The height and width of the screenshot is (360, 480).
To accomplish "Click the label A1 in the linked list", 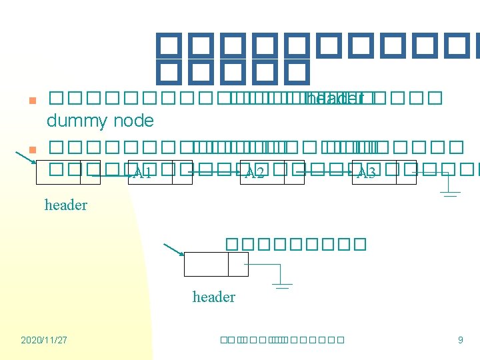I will click(143, 174).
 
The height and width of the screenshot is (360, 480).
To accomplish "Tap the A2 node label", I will click(255, 174).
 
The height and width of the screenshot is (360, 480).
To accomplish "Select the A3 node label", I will click(367, 174).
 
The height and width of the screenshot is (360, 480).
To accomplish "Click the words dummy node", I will click(100, 121).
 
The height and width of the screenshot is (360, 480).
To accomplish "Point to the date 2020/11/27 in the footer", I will click(44, 340).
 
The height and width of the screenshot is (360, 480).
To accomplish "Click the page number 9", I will click(460, 340).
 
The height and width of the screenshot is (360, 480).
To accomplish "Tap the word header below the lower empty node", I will click(213, 297).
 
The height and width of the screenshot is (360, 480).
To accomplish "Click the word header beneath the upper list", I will click(65, 205).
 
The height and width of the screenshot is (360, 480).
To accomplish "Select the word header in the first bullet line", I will click(333, 99).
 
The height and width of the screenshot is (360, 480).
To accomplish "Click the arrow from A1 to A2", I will click(215, 172).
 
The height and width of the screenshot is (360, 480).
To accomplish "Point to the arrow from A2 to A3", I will click(327, 172).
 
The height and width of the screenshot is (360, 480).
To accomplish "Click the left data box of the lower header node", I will click(205, 264).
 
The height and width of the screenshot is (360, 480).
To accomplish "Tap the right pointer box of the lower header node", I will click(238, 264).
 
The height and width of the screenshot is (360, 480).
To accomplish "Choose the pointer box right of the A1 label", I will click(182, 172).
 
